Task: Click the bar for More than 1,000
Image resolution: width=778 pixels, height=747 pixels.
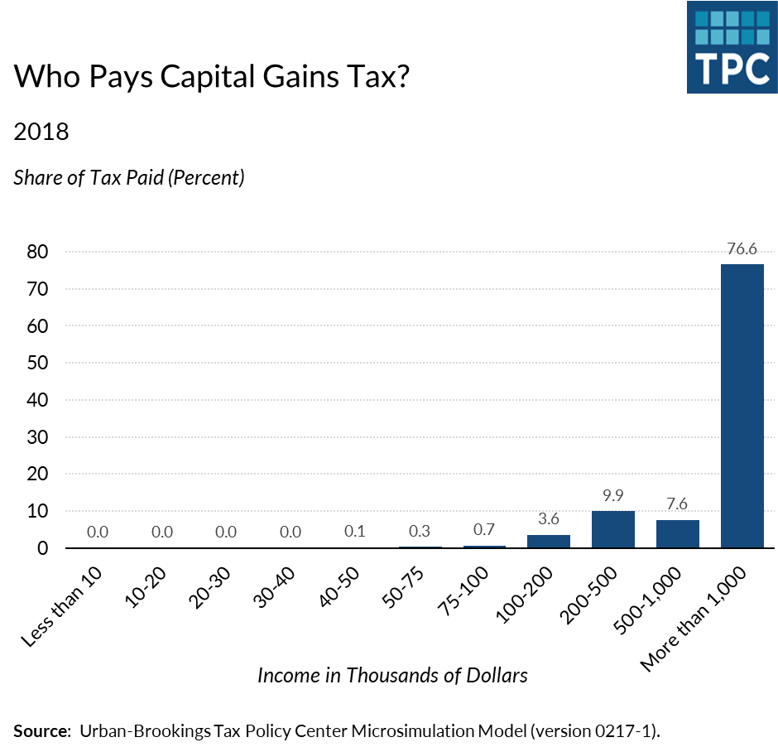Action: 742,406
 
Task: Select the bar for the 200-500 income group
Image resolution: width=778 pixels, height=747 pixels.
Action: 613,529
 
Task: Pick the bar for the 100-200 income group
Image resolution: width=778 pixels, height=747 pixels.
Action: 549,541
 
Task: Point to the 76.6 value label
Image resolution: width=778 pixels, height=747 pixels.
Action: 742,249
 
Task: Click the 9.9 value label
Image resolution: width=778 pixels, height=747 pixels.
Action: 613,497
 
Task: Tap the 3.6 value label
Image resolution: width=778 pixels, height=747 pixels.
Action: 549,520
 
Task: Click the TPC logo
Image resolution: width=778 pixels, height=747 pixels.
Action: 732,46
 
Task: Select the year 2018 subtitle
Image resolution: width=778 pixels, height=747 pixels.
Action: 41,131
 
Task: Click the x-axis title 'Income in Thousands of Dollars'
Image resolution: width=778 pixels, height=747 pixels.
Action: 392,675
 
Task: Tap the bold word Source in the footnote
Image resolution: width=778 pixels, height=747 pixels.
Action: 41,731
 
